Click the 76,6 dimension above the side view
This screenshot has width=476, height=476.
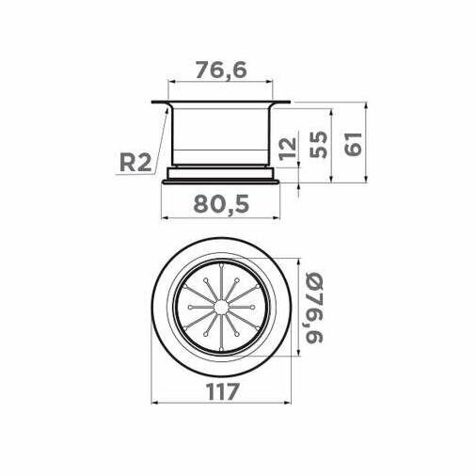click(x=221, y=70)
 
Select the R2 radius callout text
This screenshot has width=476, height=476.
click(x=135, y=163)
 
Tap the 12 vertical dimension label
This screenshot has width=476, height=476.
click(x=288, y=149)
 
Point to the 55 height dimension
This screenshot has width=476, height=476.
click(x=318, y=144)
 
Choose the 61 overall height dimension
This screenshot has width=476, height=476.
click(x=353, y=144)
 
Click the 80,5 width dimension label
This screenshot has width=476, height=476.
click(x=221, y=204)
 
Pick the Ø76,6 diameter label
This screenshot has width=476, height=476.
click(x=313, y=308)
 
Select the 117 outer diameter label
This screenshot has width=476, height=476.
click(x=223, y=391)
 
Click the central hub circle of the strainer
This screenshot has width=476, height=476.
click(x=221, y=308)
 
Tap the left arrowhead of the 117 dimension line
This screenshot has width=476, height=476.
click(x=154, y=403)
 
